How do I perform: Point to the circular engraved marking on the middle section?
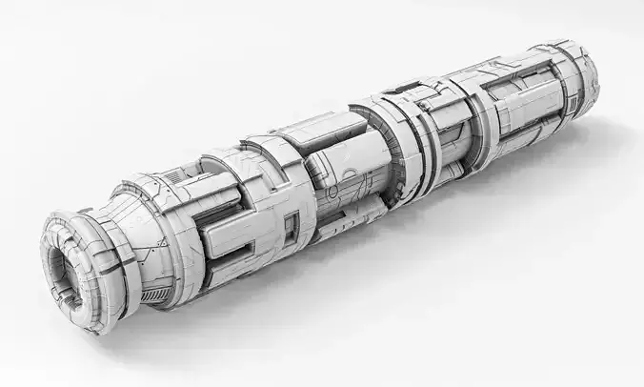[350, 182]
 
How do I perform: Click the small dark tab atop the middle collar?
[391, 92]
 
